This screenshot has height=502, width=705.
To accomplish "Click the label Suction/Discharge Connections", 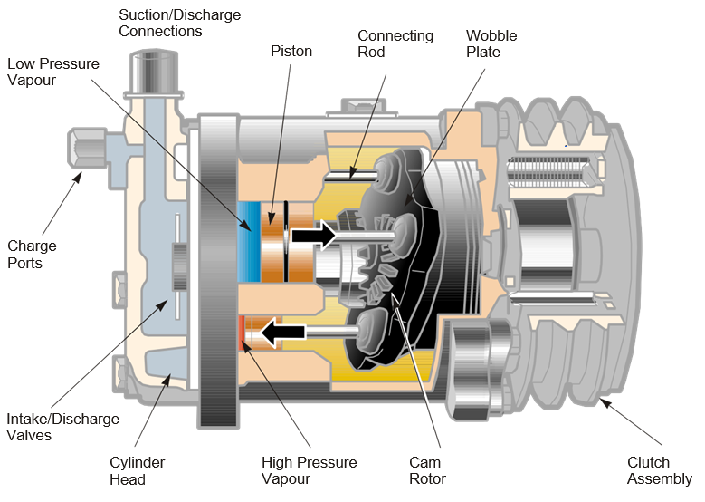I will (x=160, y=24).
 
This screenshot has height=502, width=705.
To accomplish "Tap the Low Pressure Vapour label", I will (x=52, y=72).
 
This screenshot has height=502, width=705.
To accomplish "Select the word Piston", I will (x=291, y=52).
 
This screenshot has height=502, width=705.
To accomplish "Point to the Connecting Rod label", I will (x=395, y=44).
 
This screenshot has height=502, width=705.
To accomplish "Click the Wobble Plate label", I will (x=491, y=44).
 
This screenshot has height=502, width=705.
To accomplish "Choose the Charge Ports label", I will (x=32, y=255).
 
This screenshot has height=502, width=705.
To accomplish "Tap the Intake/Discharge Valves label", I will (x=62, y=427).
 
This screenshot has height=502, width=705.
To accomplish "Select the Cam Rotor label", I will (x=426, y=470).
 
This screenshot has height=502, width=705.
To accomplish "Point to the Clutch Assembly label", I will (x=661, y=470).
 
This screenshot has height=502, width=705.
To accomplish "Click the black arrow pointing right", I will (x=315, y=236).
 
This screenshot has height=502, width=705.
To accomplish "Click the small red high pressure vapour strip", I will (x=243, y=332).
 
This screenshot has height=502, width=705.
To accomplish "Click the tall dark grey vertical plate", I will (x=217, y=272).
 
